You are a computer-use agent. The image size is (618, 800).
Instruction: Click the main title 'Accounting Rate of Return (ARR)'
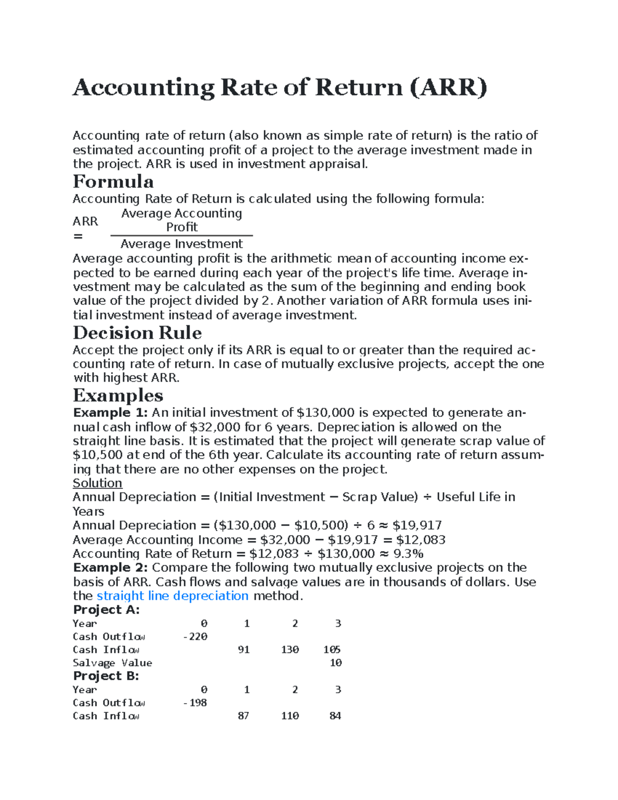coord(280,88)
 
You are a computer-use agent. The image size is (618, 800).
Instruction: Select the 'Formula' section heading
coord(113,182)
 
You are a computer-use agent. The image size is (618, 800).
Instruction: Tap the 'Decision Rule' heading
coord(137,333)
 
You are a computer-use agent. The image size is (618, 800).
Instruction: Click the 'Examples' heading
coord(118,396)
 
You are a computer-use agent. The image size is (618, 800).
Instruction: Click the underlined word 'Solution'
coord(97,483)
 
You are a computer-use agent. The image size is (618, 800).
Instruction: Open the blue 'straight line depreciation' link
coord(173,596)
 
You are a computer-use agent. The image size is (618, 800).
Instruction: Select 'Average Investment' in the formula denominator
coord(181,244)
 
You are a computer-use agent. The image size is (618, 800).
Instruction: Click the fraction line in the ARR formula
coord(181,235)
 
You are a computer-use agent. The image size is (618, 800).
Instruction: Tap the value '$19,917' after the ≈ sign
coord(417,525)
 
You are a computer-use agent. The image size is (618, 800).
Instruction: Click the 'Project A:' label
coord(106,610)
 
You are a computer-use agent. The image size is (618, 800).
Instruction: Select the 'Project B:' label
coord(106,676)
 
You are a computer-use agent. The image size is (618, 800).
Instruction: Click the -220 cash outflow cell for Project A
coord(195,637)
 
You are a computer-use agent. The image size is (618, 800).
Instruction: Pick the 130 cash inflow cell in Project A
coord(290,650)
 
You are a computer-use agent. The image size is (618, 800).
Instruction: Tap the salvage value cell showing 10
coord(336,663)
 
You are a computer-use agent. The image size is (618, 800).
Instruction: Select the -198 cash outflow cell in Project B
coord(195,703)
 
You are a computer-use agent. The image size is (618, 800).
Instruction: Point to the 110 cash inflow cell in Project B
coord(290,716)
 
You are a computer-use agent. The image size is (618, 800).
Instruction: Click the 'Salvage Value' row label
coord(112,663)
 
